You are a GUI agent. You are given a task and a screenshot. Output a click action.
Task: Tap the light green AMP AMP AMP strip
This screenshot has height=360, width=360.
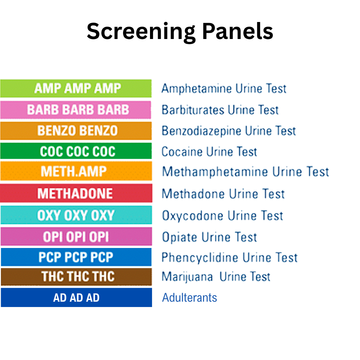[x=76, y=88]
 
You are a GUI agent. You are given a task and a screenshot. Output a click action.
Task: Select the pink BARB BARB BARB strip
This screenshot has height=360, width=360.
[x=76, y=110]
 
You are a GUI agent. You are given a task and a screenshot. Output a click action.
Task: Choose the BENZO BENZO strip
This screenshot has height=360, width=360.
[x=76, y=131]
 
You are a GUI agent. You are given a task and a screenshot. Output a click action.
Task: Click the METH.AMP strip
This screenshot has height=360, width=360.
[x=76, y=171]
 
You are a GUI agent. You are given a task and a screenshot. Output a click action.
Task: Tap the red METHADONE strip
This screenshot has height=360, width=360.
[x=76, y=193]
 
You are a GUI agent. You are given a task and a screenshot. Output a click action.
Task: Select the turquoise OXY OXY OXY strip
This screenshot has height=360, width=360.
[x=76, y=215]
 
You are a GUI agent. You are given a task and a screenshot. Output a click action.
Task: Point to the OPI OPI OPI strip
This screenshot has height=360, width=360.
[x=76, y=237]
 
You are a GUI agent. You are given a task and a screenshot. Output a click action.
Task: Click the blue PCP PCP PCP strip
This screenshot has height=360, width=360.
[x=76, y=257]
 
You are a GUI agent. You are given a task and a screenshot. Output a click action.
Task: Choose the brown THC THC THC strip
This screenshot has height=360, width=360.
[x=76, y=277]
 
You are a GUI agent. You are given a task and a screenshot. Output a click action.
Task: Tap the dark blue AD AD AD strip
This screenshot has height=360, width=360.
[x=76, y=297]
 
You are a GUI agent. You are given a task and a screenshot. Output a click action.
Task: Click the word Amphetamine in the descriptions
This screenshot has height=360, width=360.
[x=196, y=89]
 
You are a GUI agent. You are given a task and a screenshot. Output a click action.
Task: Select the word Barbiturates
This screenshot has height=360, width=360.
[x=190, y=110]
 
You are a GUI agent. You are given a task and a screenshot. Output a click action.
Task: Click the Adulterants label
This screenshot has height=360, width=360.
[x=189, y=297]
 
